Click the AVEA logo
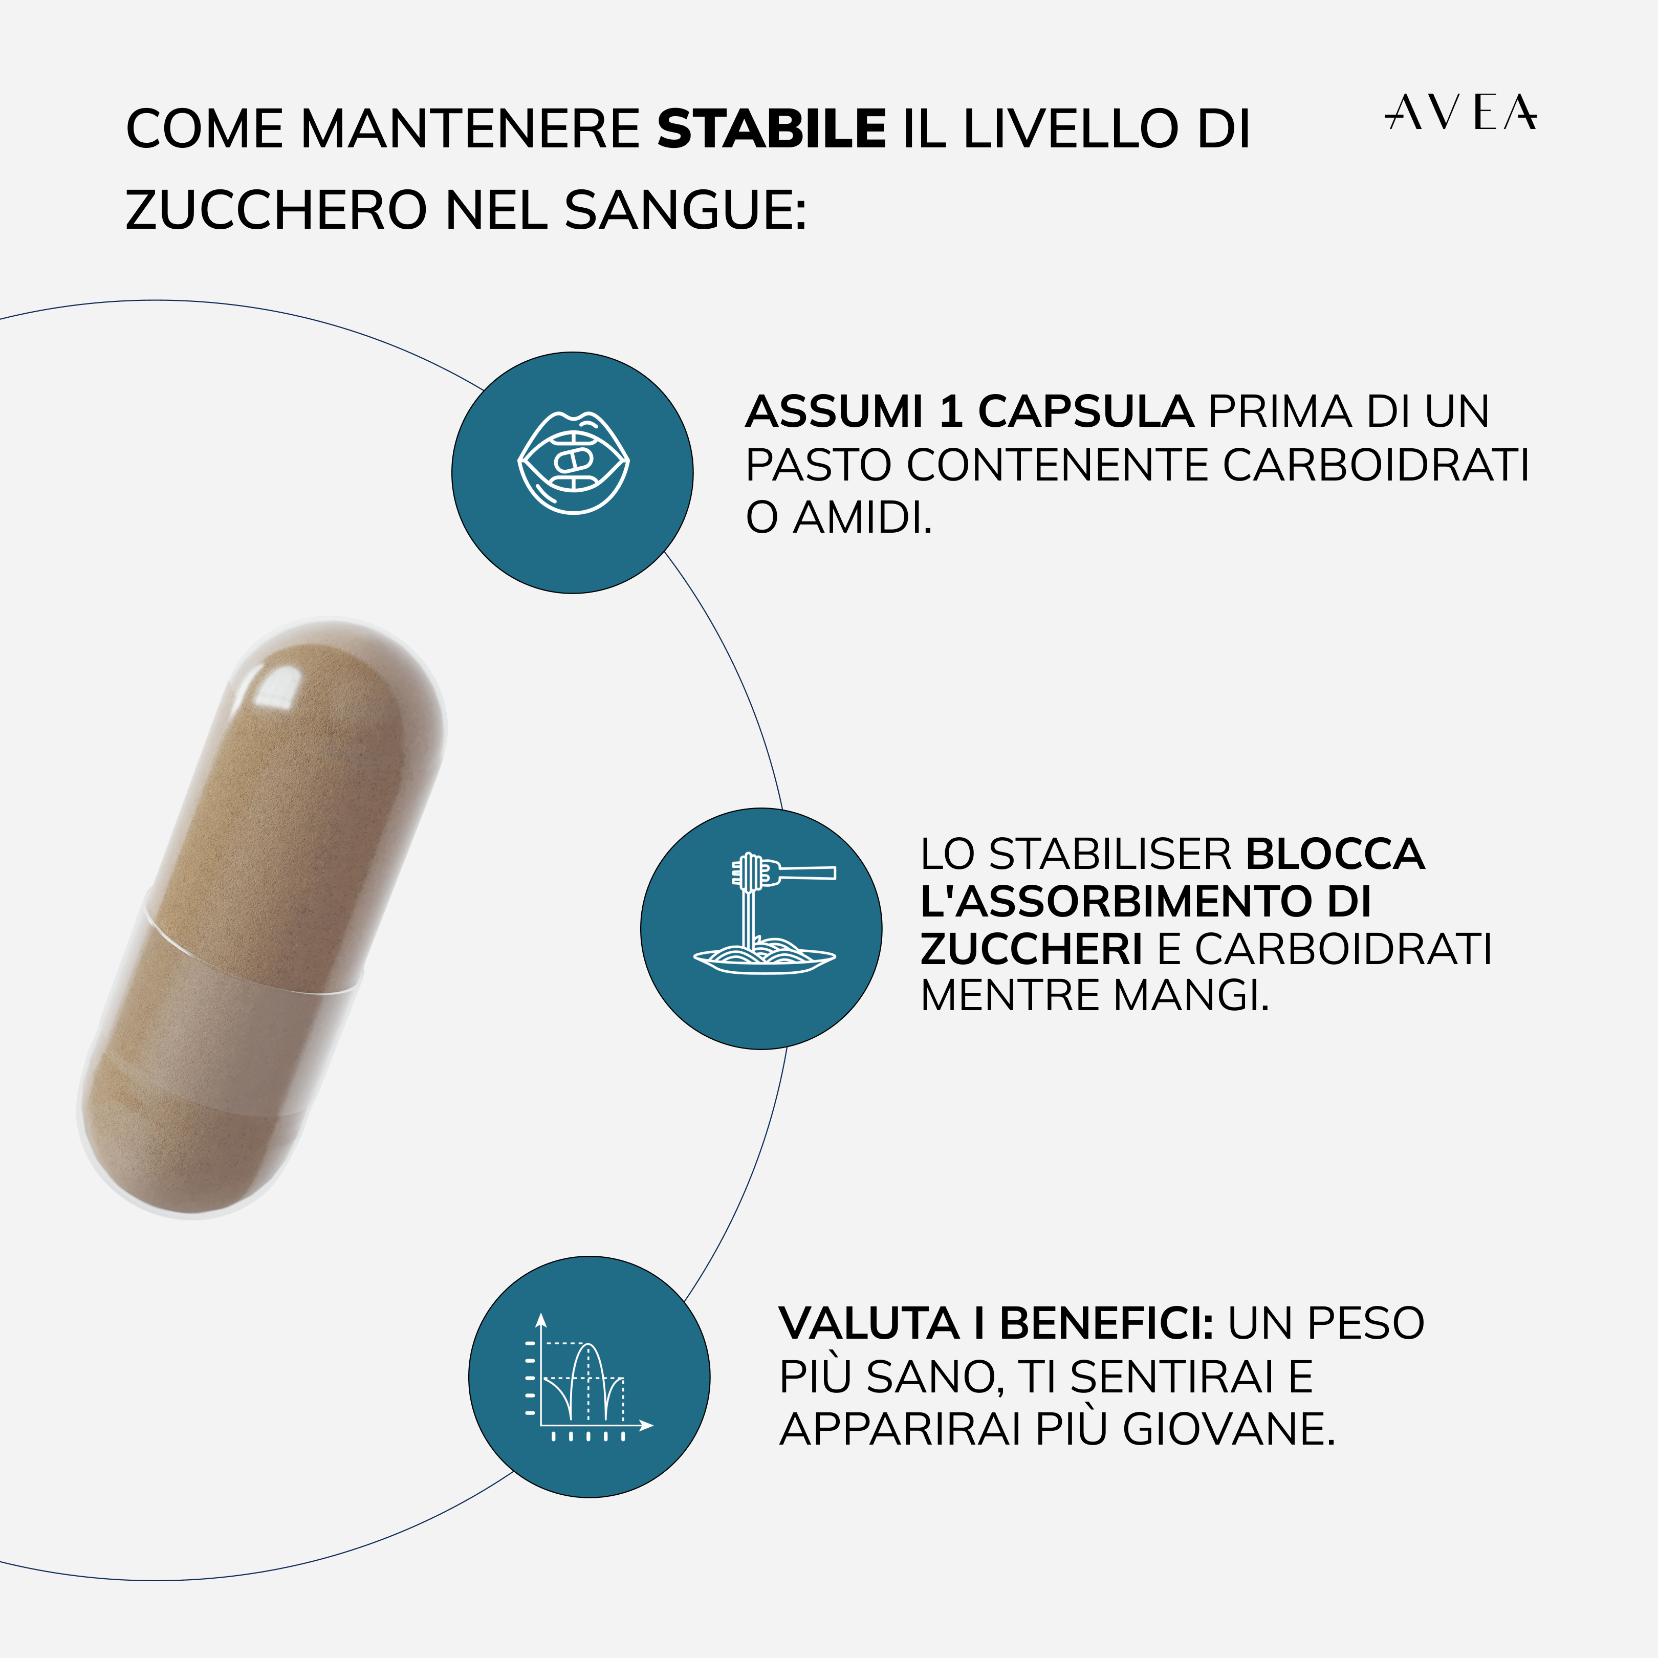1460,113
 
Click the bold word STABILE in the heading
771,129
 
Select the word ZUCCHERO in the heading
275,210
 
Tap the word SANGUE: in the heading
685,210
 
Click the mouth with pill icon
573,464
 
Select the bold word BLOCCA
1335,855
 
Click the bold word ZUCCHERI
1031,949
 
